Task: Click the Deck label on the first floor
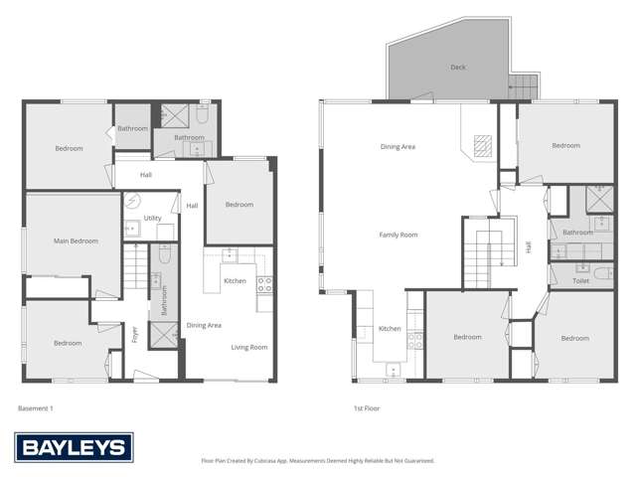(x=457, y=68)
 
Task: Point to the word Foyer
(x=135, y=331)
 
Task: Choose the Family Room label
(x=398, y=235)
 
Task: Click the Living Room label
(x=249, y=347)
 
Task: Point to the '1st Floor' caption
(x=367, y=407)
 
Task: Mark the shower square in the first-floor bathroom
(x=600, y=197)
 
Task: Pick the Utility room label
(x=152, y=218)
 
